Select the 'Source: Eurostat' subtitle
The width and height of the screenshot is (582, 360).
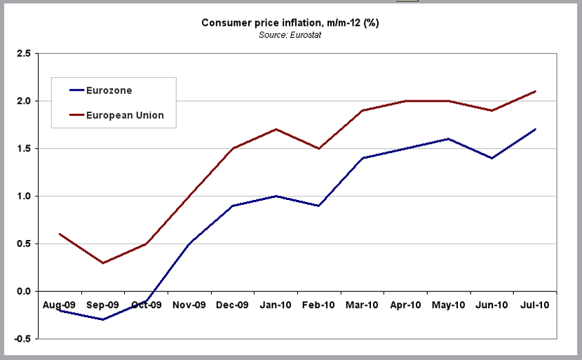click(x=290, y=34)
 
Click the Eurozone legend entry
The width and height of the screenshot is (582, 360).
click(x=109, y=91)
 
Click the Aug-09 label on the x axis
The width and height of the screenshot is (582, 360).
click(x=60, y=305)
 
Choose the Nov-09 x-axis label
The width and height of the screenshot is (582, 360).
click(x=189, y=305)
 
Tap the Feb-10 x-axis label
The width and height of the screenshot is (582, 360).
click(x=319, y=305)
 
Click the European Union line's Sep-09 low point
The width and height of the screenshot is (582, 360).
click(x=103, y=263)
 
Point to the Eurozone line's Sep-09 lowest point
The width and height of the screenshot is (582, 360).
click(x=103, y=320)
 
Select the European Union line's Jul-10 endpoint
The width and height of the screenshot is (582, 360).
click(x=536, y=91)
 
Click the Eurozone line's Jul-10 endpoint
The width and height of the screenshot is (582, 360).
click(x=536, y=129)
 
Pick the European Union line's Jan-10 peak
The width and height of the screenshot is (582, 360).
click(x=276, y=129)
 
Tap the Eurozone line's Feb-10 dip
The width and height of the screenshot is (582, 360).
click(x=319, y=206)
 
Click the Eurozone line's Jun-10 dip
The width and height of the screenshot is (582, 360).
click(x=492, y=158)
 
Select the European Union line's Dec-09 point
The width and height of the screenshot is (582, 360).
click(x=233, y=148)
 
